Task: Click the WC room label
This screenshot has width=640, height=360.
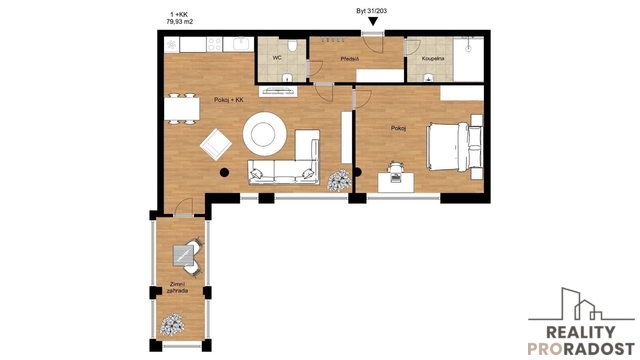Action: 277,58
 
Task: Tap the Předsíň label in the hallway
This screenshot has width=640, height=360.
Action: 349,59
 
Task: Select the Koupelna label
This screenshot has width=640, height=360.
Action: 433,58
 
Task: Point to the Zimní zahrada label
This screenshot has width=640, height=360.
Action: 178,287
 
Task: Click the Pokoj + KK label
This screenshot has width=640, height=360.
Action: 229,100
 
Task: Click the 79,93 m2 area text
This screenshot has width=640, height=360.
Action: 180,22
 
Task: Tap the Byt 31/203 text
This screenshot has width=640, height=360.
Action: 371,11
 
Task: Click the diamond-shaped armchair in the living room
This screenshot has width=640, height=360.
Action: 216,144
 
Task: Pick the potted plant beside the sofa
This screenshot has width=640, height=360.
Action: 339,180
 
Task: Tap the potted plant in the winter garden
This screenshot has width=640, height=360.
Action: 172,325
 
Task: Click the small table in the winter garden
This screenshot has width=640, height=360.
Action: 183,256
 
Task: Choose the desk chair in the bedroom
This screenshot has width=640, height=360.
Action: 396,168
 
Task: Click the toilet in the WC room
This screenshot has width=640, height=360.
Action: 292,46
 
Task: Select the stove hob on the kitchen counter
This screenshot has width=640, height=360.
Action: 214,44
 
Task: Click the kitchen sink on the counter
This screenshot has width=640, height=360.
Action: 241,43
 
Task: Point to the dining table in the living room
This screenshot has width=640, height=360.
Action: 182,109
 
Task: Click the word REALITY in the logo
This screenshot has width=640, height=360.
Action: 580,333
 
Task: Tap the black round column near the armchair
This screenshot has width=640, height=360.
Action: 224,173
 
